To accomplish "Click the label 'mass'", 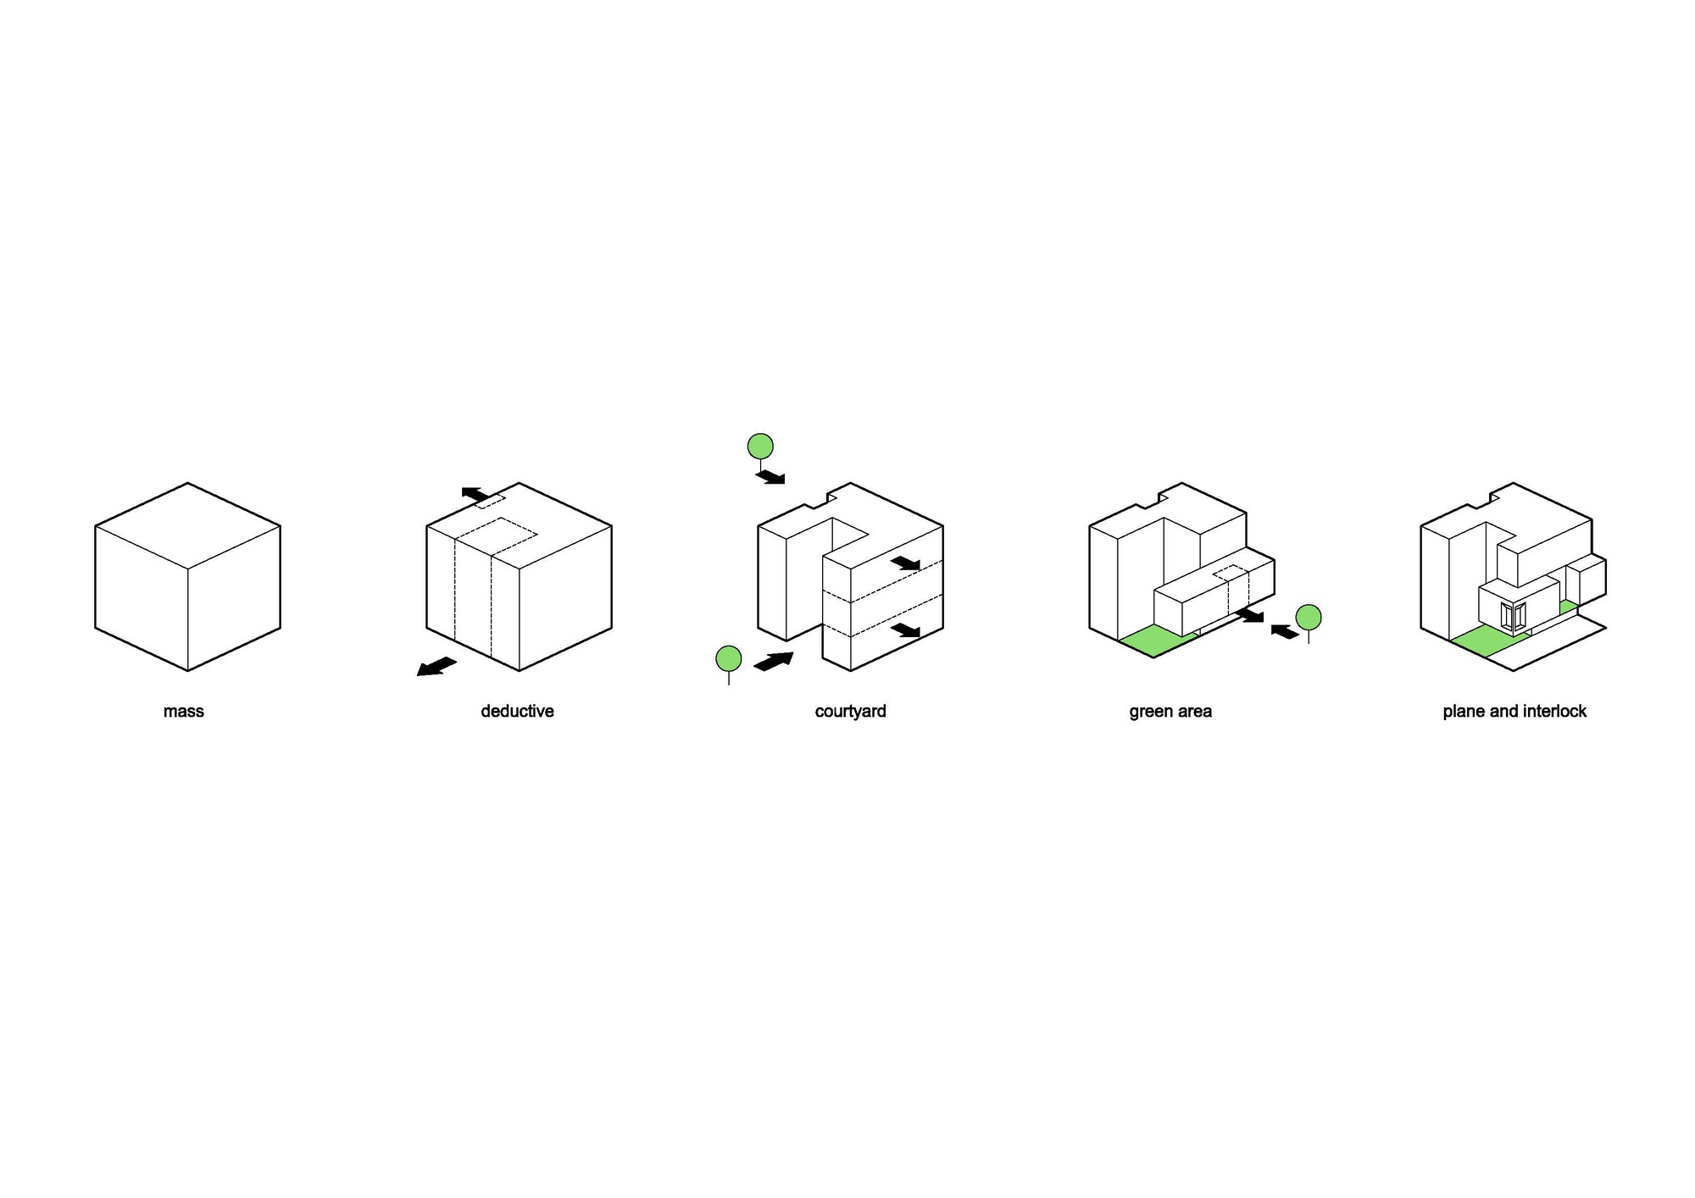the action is point(183,712).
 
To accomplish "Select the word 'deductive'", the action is point(517,711).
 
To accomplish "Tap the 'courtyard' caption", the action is point(850,712).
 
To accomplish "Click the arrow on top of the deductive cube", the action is point(475,494).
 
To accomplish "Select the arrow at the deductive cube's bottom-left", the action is point(436,667).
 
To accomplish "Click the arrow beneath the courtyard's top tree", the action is point(770,477).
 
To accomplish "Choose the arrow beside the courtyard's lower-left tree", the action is point(773,661).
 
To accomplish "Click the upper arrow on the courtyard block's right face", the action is point(905,563).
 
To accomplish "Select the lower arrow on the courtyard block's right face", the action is point(905,630).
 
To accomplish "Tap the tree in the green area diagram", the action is point(1309,621).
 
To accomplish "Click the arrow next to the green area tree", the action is point(1285,631).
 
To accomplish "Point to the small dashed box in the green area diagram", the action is point(1231,573).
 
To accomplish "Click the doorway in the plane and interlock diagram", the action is point(1513,616).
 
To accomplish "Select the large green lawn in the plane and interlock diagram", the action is point(1490,641).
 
